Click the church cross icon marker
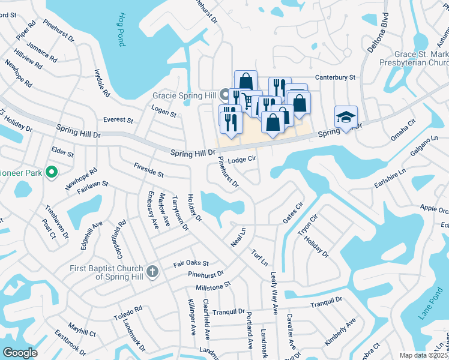[x=152, y=272]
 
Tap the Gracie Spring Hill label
[x=185, y=95]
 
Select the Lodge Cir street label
[x=243, y=159]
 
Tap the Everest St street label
[x=117, y=120]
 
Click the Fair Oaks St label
[x=191, y=263]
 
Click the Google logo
[x=19, y=353]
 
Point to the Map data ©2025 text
[x=424, y=355]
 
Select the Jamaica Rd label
[x=45, y=52]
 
